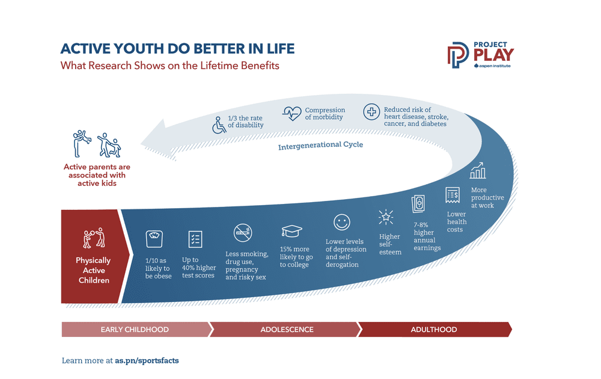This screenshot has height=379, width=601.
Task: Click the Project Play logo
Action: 480,55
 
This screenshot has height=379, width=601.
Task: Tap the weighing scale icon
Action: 154,239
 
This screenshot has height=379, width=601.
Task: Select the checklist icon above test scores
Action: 195,238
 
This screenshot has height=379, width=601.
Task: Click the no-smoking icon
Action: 243,233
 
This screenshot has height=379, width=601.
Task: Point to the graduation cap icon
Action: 292,232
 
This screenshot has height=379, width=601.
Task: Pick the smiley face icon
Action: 342,223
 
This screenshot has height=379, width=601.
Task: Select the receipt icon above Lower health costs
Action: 453,195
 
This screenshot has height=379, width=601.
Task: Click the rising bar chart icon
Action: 478,170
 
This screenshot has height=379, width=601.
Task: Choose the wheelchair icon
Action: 220,125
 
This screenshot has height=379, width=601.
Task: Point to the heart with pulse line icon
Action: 292,114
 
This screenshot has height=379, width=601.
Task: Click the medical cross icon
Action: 371,112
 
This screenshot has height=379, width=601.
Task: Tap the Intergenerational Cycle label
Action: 320,146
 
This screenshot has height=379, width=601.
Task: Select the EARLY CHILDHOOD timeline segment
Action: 135,330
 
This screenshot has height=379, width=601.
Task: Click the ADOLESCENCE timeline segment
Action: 287,330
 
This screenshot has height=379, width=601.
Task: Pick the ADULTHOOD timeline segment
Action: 434,330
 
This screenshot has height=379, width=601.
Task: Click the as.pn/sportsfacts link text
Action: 147,361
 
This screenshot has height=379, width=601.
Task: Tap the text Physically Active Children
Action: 93,270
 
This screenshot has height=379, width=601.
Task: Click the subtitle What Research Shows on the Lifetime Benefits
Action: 170,66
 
